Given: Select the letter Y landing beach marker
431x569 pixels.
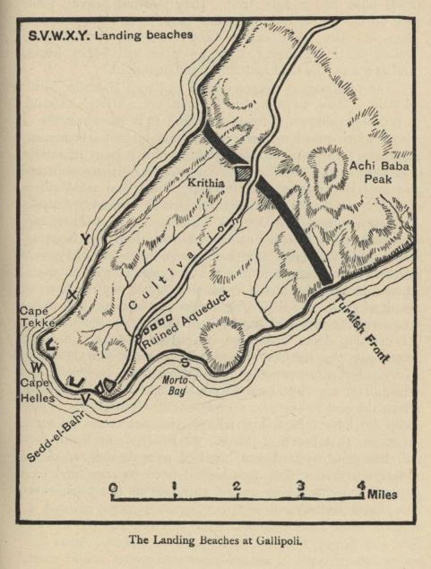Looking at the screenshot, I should (83, 238).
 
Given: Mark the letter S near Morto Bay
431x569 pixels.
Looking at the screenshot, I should (185, 362).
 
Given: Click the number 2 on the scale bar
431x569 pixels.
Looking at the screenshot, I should (237, 487).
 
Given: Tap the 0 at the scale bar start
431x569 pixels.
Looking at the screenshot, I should (113, 487).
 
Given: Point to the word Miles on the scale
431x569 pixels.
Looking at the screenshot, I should (383, 494).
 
